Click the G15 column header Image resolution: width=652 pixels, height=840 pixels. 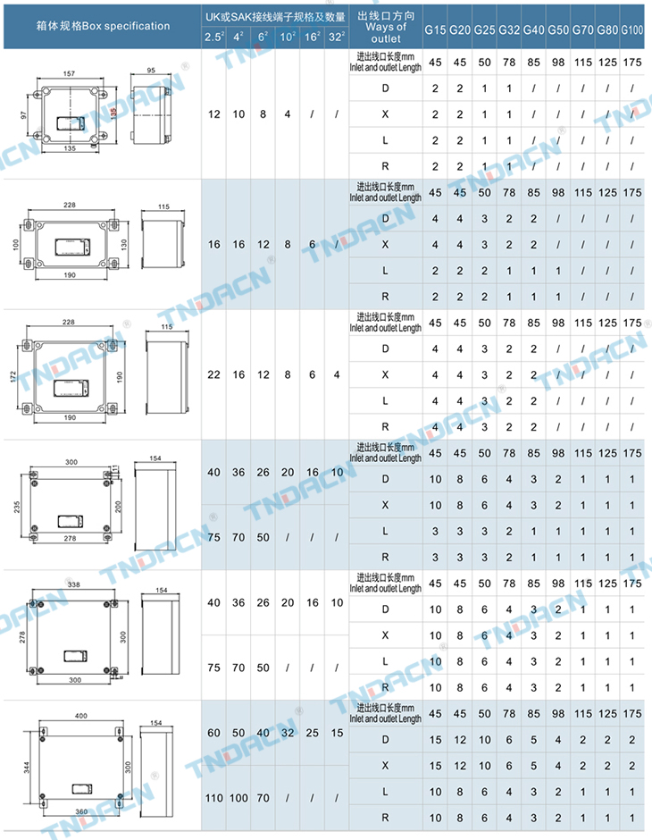pyautogui.click(x=435, y=30)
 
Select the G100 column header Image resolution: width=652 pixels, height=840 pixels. pyautogui.click(x=632, y=30)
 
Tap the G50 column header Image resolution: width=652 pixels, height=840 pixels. pyautogui.click(x=558, y=30)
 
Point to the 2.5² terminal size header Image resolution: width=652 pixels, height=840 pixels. pyautogui.click(x=213, y=38)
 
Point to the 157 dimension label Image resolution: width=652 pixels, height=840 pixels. pyautogui.click(x=68, y=72)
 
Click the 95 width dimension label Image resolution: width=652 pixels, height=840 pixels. pyautogui.click(x=150, y=69)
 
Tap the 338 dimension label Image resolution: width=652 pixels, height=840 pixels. pyautogui.click(x=73, y=584)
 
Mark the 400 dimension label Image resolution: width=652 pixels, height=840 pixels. pyautogui.click(x=82, y=717)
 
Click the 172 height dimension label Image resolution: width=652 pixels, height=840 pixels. pyautogui.click(x=14, y=375)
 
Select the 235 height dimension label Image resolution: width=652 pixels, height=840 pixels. pyautogui.click(x=16, y=506)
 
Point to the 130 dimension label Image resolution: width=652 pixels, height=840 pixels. pyautogui.click(x=124, y=243)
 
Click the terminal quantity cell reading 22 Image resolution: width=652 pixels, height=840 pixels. pyautogui.click(x=213, y=374)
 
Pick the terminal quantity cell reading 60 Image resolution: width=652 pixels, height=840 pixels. pyautogui.click(x=213, y=733)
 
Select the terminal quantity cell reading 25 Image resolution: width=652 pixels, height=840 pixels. pyautogui.click(x=312, y=733)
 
